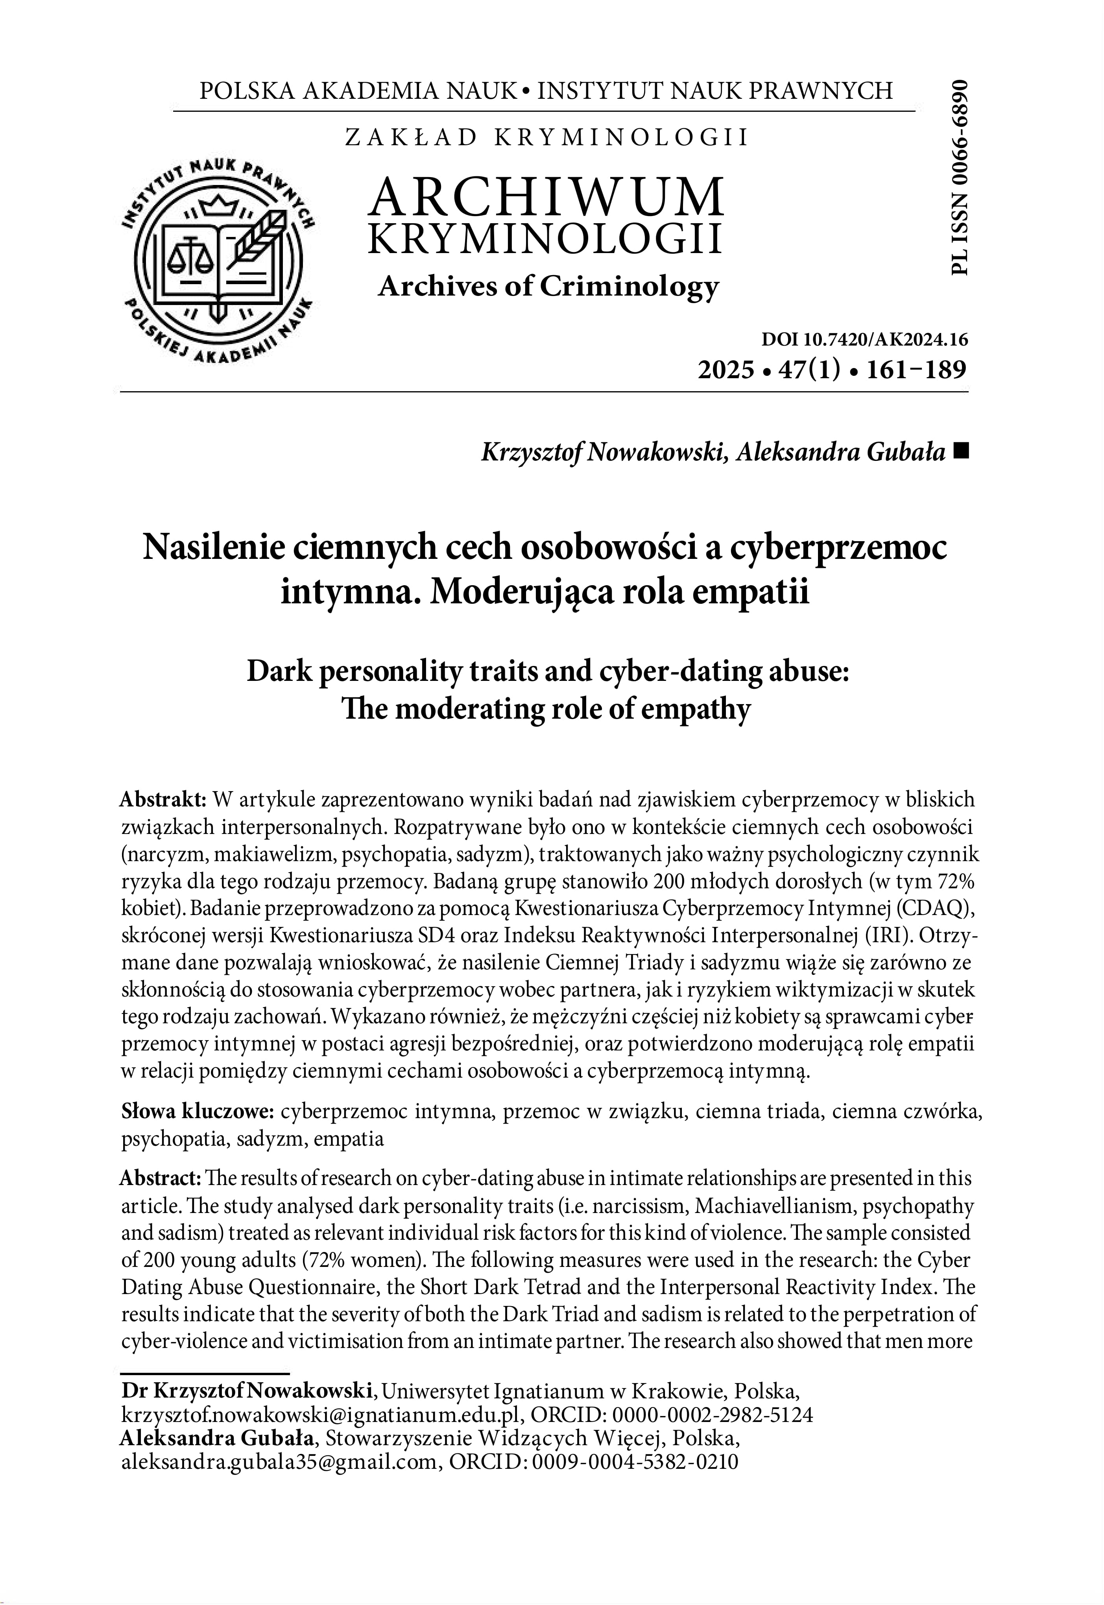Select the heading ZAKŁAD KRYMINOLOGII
click(546, 138)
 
